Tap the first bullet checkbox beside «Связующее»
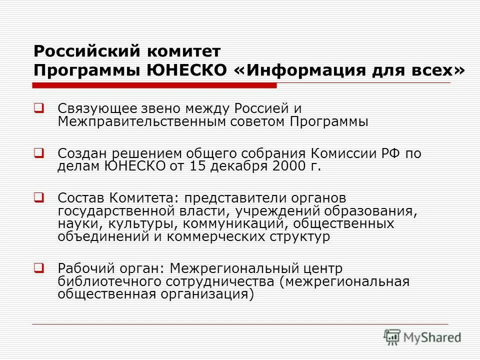point(38,107)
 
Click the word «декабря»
point(238,166)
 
